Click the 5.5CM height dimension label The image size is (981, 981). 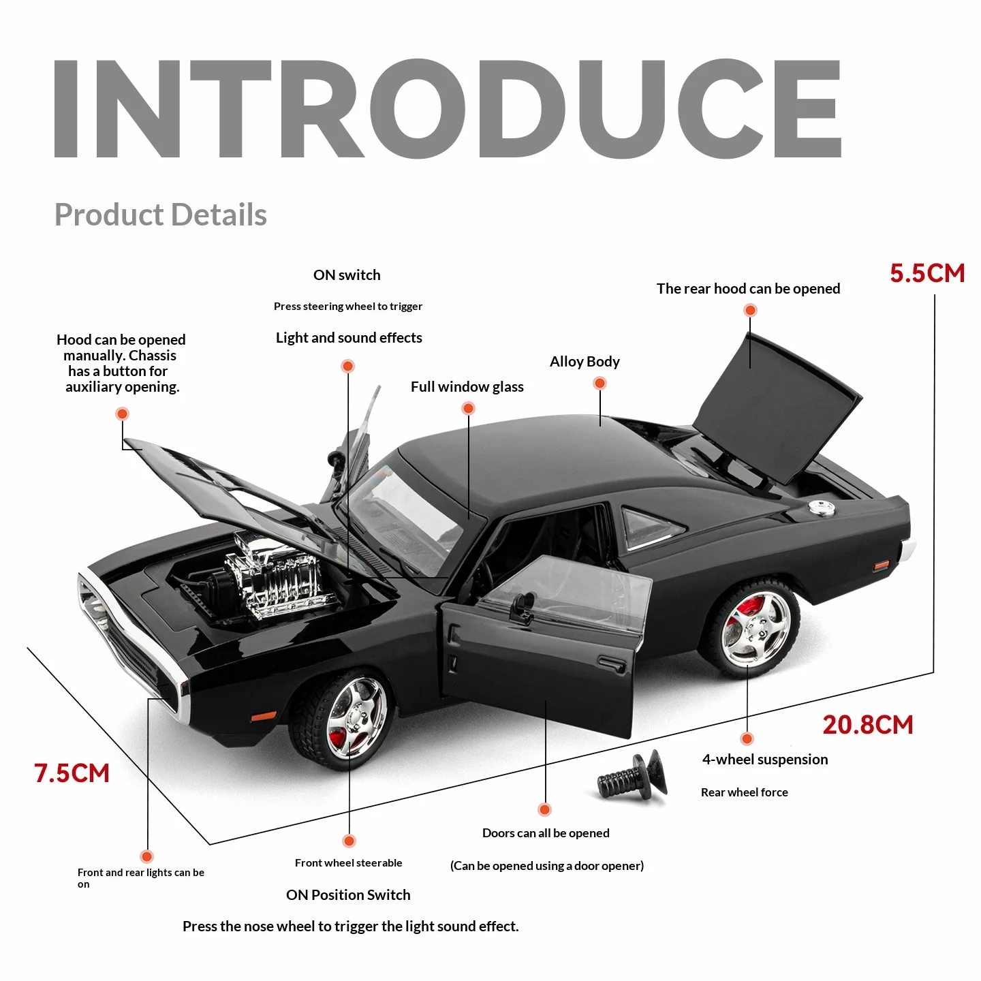pos(927,273)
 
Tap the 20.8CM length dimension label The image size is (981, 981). pos(867,725)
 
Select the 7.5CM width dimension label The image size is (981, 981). pos(72,773)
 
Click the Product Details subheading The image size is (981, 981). pos(161,215)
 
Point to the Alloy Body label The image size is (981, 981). pos(585,362)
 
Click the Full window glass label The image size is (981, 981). pos(467,387)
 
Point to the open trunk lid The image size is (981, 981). pos(777,409)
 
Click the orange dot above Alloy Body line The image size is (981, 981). pos(599,384)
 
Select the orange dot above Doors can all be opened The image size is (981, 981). pos(544,809)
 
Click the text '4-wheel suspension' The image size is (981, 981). pos(765,760)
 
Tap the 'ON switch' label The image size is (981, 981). pos(347,275)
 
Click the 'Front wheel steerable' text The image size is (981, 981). pos(348,863)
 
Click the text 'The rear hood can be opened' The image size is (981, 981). pos(748,289)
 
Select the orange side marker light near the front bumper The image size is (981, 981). pos(263,717)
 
